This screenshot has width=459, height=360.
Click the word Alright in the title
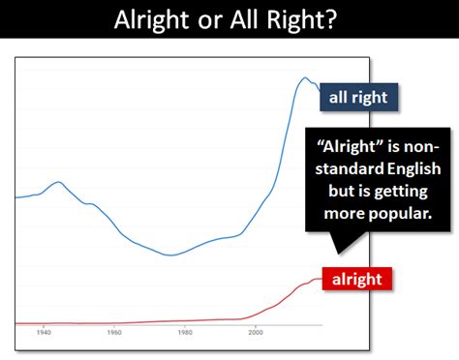(151, 21)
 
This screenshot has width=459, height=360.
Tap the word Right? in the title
(301, 21)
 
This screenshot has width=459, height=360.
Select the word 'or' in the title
(210, 22)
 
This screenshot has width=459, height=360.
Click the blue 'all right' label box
(358, 97)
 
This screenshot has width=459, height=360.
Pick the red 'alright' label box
(357, 279)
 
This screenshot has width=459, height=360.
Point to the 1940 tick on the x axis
(44, 333)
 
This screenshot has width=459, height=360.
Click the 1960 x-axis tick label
(114, 333)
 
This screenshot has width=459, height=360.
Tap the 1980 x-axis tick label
(185, 333)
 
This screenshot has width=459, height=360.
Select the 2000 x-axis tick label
(256, 333)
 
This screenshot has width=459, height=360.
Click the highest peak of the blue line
(304, 77)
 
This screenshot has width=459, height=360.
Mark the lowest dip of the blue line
(171, 255)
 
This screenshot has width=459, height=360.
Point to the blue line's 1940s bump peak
(59, 182)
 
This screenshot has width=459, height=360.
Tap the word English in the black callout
(414, 169)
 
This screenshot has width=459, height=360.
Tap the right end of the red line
(321, 279)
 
